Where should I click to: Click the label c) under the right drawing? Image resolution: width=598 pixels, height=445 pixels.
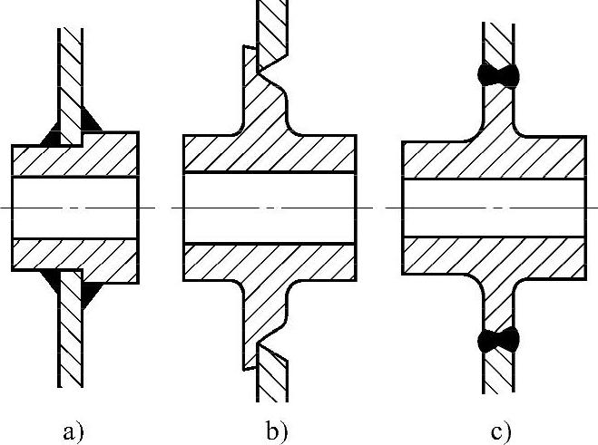click(502, 430)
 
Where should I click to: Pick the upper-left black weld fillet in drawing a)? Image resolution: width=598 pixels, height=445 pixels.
click(51, 140)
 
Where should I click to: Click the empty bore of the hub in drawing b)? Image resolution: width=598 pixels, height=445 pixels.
click(269, 207)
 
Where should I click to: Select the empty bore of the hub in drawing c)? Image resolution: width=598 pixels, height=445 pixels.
click(495, 207)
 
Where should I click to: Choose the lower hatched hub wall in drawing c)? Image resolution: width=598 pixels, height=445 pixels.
click(495, 257)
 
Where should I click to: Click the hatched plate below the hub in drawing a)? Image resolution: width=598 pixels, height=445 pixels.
click(71, 344)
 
